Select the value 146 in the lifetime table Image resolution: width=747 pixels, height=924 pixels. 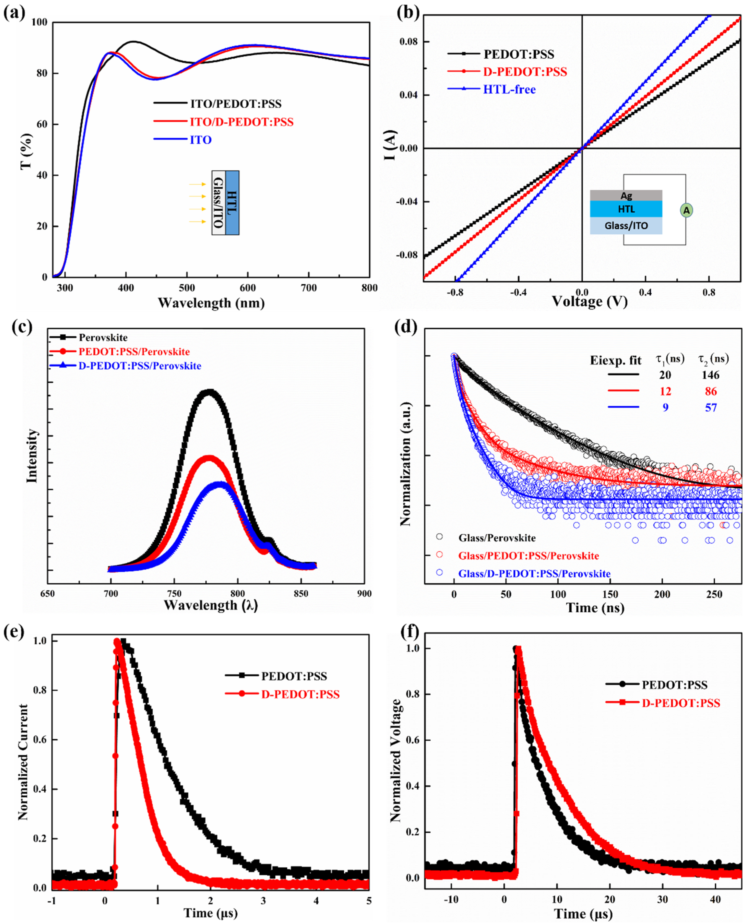(x=710, y=375)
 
